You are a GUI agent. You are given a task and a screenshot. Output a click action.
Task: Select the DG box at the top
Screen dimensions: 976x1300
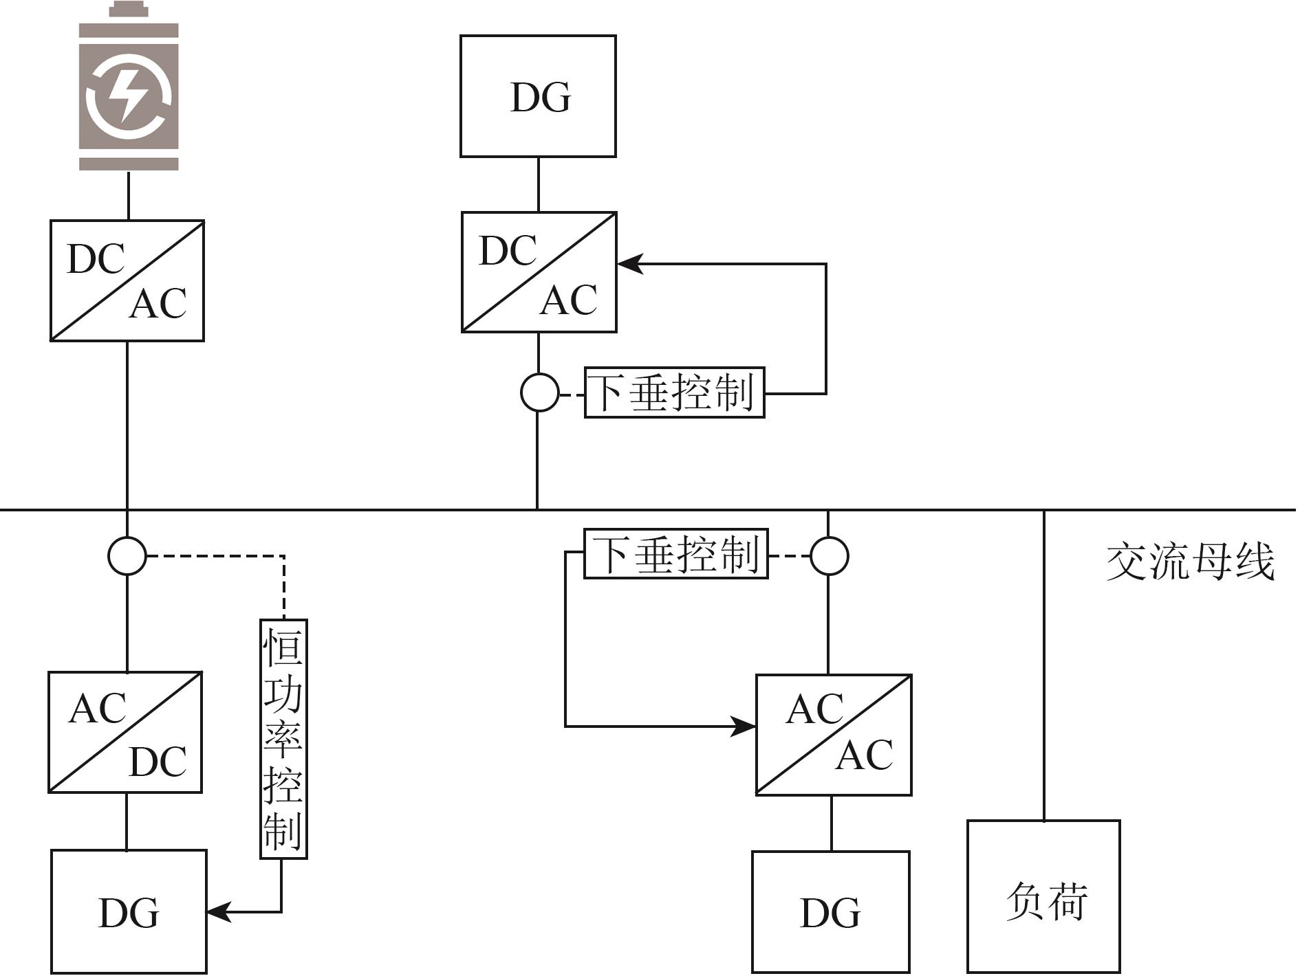(x=538, y=96)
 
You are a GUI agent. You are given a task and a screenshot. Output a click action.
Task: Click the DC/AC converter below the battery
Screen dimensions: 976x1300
(x=127, y=280)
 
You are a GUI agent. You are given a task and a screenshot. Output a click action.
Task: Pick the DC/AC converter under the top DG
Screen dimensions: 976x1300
(x=539, y=272)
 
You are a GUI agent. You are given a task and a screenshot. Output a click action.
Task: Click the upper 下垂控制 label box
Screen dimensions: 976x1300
(x=674, y=392)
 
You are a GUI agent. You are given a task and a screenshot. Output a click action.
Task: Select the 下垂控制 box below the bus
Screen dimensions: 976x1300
(x=675, y=554)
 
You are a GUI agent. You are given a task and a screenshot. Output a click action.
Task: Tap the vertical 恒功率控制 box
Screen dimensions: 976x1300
(x=283, y=739)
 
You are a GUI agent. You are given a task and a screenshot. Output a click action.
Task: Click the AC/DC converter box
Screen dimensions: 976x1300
(x=125, y=733)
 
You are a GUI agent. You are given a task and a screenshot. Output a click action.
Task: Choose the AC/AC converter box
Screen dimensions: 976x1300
(x=834, y=735)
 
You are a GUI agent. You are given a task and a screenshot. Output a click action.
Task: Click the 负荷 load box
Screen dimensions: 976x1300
(x=1043, y=896)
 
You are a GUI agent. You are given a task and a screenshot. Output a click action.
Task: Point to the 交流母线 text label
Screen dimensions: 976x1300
(x=1190, y=562)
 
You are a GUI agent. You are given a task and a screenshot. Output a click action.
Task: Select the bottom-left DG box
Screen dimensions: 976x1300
(x=129, y=912)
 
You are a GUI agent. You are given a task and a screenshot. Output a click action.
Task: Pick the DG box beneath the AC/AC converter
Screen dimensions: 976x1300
(x=830, y=912)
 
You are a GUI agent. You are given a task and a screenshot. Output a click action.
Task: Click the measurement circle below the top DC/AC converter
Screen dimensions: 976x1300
(x=539, y=392)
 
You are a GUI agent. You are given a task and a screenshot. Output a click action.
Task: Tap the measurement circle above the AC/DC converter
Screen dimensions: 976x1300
(x=127, y=555)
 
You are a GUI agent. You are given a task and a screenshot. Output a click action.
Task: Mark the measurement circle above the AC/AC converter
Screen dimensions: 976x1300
(x=829, y=555)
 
